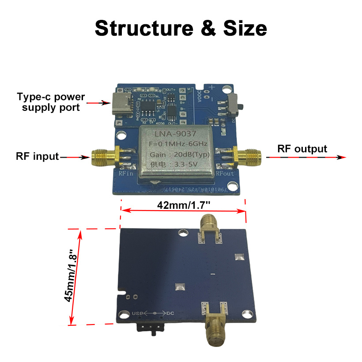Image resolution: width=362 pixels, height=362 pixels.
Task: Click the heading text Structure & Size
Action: tap(181, 28)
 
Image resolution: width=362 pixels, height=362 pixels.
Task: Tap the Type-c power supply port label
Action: tap(51, 102)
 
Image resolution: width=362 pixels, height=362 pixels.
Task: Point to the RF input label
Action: tap(37, 156)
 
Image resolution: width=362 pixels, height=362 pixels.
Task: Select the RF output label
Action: tap(302, 149)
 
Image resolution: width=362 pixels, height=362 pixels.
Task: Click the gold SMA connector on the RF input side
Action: tap(103, 157)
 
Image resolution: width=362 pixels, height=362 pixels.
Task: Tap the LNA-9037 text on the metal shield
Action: tap(177, 133)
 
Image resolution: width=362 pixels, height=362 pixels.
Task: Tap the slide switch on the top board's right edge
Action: tap(235, 103)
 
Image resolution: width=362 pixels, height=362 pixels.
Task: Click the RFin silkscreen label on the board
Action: tap(127, 173)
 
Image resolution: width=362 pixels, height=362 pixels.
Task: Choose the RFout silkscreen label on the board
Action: tap(225, 173)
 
